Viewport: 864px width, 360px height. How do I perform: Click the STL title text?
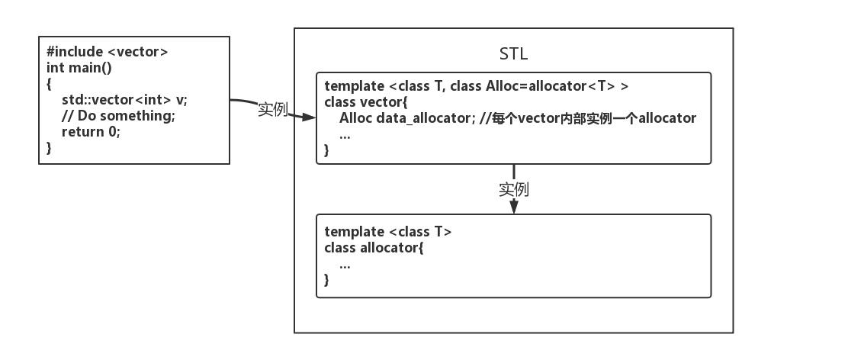[x=513, y=54]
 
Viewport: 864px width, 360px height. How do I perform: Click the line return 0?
[x=92, y=132]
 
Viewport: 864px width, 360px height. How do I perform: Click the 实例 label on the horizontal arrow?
[x=272, y=110]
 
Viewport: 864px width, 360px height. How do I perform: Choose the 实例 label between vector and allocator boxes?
[x=514, y=188]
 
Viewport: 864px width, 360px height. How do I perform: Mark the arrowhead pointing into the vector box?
[x=309, y=117]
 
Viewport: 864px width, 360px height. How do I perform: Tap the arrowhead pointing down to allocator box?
[x=514, y=207]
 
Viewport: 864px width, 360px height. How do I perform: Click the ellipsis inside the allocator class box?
[x=345, y=264]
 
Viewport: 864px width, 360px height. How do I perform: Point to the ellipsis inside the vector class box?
[x=345, y=135]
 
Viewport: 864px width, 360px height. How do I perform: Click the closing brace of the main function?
[x=50, y=148]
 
